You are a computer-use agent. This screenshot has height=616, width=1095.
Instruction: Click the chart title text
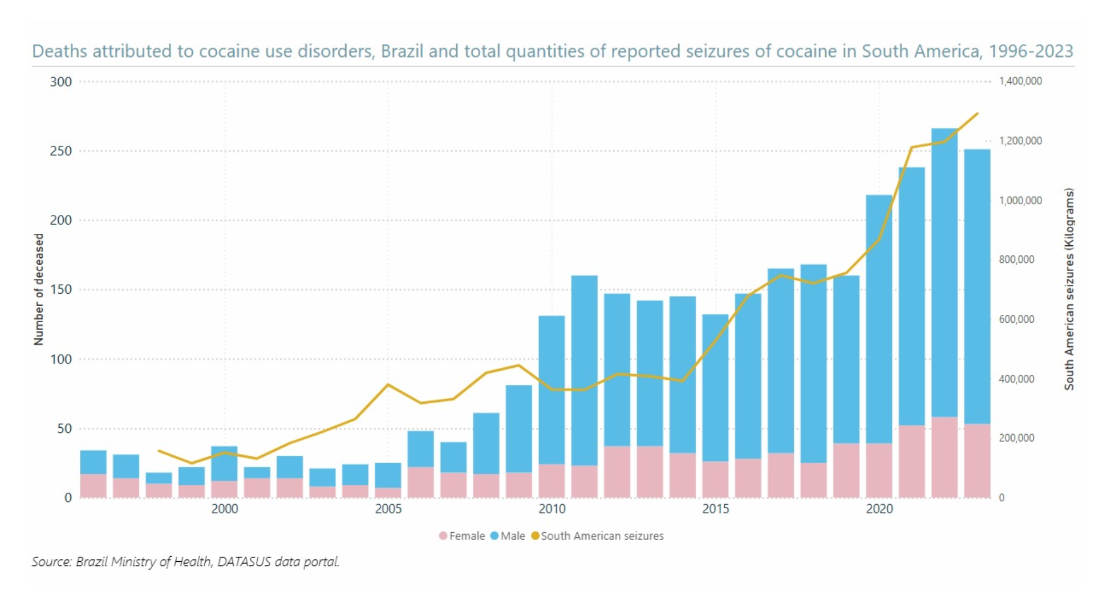pyautogui.click(x=552, y=51)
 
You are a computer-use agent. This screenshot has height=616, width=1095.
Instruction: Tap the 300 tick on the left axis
pyautogui.click(x=61, y=82)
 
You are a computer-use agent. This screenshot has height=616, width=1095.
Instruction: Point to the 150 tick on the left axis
pyautogui.click(x=61, y=289)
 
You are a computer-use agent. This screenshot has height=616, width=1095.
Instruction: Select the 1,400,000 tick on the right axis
pyautogui.click(x=1020, y=81)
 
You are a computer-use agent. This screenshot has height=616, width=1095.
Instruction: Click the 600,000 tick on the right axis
pyautogui.click(x=1016, y=319)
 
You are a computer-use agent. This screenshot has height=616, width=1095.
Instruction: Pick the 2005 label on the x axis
pyautogui.click(x=388, y=509)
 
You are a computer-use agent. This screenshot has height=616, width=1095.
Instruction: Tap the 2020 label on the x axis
pyautogui.click(x=879, y=509)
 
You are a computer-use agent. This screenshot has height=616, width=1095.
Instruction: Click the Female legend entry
pyautogui.click(x=462, y=536)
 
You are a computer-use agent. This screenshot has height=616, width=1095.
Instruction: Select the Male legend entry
pyautogui.click(x=508, y=536)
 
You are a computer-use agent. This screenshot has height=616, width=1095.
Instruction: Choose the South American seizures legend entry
pyautogui.click(x=597, y=536)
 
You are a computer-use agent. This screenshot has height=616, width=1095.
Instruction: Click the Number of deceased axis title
pyautogui.click(x=39, y=289)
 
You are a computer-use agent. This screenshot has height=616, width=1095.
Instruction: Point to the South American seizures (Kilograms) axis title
pyautogui.click(x=1069, y=289)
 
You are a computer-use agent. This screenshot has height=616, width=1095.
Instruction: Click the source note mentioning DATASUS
pyautogui.click(x=185, y=562)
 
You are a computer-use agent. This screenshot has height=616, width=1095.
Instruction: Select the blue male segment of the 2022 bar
pyautogui.click(x=944, y=273)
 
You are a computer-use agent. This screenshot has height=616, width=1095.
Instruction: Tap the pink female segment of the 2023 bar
pyautogui.click(x=978, y=461)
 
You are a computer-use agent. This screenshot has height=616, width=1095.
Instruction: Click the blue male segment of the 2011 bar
pyautogui.click(x=585, y=371)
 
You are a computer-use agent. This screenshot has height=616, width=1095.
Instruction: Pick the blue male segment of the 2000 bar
pyautogui.click(x=224, y=464)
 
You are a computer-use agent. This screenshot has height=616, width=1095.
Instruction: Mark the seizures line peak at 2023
pyautogui.click(x=978, y=114)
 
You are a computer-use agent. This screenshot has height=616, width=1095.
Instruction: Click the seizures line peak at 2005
pyautogui.click(x=388, y=384)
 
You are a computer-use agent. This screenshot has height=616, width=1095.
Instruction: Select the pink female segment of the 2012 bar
pyautogui.click(x=617, y=472)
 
